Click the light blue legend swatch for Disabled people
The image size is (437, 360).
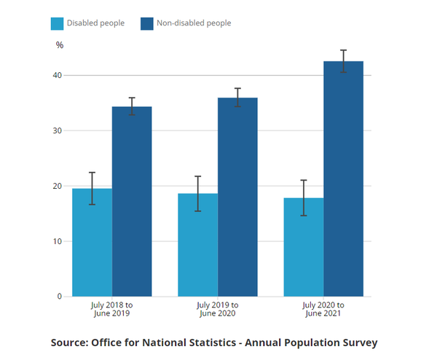(57, 23)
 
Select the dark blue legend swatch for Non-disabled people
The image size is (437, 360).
(146, 23)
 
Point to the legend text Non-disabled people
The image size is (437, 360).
(194, 23)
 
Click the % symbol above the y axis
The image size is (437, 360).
(60, 45)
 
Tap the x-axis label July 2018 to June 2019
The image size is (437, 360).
(112, 309)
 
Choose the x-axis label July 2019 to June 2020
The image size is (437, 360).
(218, 309)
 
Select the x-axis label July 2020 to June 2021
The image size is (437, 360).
(324, 309)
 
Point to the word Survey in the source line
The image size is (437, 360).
(358, 342)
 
